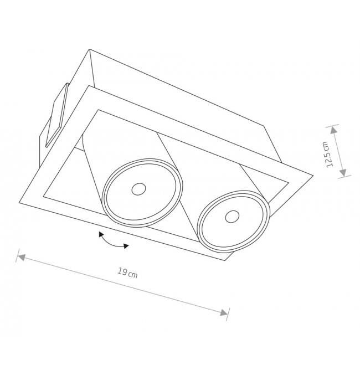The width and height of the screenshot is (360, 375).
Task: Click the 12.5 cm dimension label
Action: pyautogui.click(x=326, y=154)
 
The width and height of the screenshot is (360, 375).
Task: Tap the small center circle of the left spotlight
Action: pyautogui.click(x=138, y=189)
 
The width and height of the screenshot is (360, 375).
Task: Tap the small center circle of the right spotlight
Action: pyautogui.click(x=232, y=217)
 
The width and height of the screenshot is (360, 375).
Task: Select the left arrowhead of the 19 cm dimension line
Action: pyautogui.click(x=22, y=258)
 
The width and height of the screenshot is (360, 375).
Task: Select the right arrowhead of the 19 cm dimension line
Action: pyautogui.click(x=224, y=313)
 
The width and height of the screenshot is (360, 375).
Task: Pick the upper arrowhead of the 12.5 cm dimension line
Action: pyautogui.click(x=333, y=130)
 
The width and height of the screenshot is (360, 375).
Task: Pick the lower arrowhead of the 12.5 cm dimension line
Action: pyautogui.click(x=343, y=172)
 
